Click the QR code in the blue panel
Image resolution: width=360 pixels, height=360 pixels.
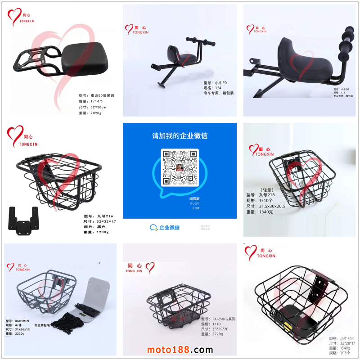(x=180, y=168)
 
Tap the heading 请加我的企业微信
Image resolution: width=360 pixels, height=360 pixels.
(x=180, y=135)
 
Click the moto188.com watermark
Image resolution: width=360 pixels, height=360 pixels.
(x=180, y=350)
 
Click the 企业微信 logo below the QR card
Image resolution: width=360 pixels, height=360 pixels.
(x=165, y=228)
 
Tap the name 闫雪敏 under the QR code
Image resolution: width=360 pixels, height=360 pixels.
(x=194, y=198)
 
